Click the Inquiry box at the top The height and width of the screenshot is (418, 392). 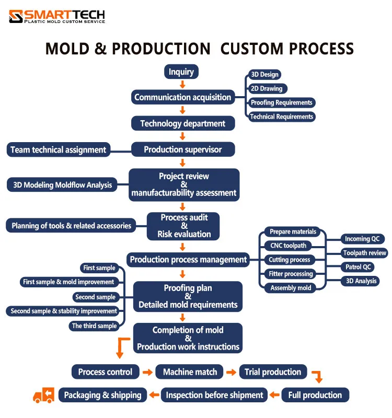pos(181,72)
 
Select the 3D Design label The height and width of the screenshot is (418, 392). pos(264,75)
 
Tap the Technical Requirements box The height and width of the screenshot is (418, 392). pos(281,117)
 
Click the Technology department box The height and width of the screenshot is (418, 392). pos(183,123)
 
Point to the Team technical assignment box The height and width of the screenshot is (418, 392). pos(59,149)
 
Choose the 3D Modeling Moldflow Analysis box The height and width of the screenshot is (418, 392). pos(62,184)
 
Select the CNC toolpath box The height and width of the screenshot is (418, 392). pos(288,246)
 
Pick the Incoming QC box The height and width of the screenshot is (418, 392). pos(362,239)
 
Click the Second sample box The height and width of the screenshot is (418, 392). pos(96,297)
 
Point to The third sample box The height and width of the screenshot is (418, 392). pos(95,326)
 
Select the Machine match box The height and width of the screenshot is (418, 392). pos(190,372)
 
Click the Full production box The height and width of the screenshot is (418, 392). pos(315,395)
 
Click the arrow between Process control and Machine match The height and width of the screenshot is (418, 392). pos(147,373)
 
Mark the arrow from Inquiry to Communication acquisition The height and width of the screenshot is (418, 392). pos(182,84)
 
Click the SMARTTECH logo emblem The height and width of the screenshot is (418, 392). pos(16,17)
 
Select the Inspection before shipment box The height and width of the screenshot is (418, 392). pos(215,395)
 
